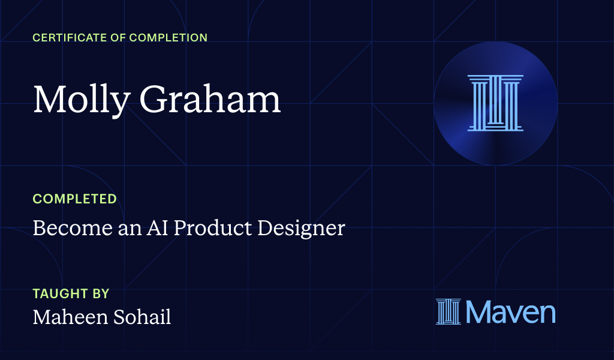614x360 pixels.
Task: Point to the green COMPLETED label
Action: pos(74,199)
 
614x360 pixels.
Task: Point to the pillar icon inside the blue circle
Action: pos(495,103)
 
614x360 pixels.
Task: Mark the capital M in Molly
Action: pos(49,100)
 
